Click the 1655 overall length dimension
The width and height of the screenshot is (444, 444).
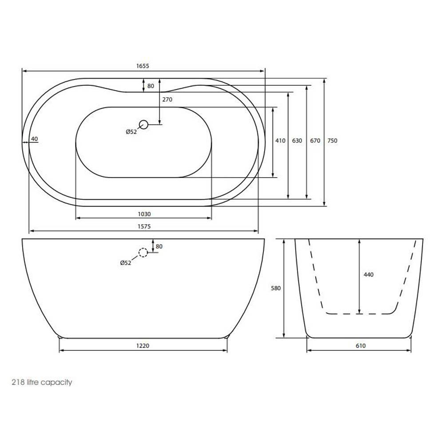pyautogui.click(x=143, y=66)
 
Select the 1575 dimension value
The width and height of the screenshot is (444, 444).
pyautogui.click(x=144, y=226)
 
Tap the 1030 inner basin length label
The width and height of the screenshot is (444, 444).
pyautogui.click(x=144, y=214)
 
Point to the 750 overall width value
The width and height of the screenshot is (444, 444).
pyautogui.click(x=332, y=141)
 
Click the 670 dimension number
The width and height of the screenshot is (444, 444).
pyautogui.click(x=315, y=141)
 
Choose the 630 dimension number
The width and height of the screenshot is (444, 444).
pyautogui.click(x=297, y=141)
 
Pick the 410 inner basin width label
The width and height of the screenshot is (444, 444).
pyautogui.click(x=280, y=141)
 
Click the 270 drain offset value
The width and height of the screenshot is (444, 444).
pyautogui.click(x=167, y=99)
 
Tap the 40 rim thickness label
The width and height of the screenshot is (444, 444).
pyautogui.click(x=34, y=139)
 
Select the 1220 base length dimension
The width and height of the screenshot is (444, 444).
pyautogui.click(x=143, y=346)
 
